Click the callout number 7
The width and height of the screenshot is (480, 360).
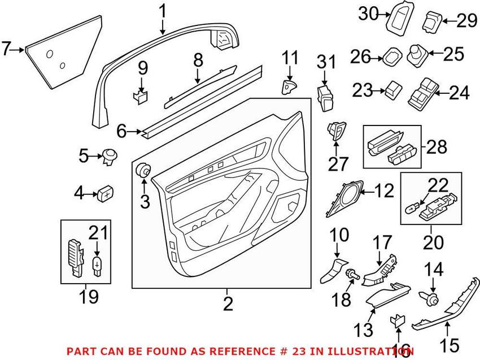coord(6,49)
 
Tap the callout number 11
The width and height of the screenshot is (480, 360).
coord(290,58)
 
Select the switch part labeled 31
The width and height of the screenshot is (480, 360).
coord(325,98)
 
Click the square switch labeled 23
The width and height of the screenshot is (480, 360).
coord(394,90)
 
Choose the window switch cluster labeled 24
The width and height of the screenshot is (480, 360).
coord(421,93)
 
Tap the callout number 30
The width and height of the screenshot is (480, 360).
coord(369,14)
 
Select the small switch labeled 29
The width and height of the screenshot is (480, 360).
coord(433,21)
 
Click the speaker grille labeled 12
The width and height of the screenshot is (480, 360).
coord(344,198)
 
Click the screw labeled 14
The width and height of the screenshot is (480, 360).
coord(428,297)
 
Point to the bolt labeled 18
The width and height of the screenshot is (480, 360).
coord(352,274)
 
